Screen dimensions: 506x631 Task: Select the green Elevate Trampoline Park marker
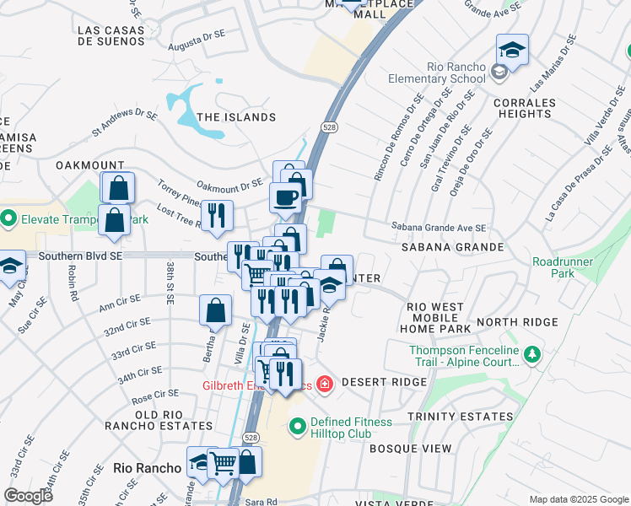[x=8, y=219]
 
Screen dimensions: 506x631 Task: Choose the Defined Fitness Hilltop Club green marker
[x=297, y=428]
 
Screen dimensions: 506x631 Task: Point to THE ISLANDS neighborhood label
[x=235, y=117]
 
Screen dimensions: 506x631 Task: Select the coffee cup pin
[x=285, y=198]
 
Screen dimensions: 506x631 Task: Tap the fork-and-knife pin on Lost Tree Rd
[x=218, y=216]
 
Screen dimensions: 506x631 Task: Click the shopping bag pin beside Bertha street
[x=215, y=310]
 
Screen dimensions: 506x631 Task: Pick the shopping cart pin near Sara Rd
[x=224, y=462]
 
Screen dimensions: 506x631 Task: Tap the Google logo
[x=28, y=496]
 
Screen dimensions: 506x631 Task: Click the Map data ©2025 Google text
[x=578, y=499]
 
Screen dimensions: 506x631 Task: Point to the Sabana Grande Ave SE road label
[x=439, y=227]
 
